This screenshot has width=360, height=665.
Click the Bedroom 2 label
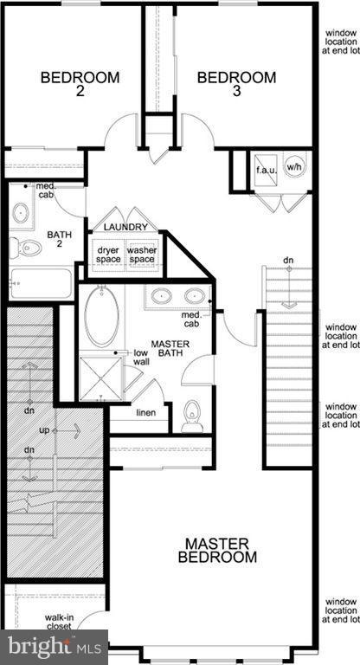[x=80, y=85]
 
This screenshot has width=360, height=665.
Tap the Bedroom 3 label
[x=236, y=85]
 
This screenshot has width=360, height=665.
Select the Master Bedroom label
[x=219, y=551]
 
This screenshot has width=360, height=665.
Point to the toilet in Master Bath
[x=193, y=417]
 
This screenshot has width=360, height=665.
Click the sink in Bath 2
[x=21, y=212]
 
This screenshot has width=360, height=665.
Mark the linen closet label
[x=146, y=412]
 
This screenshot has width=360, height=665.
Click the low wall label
[x=140, y=358]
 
